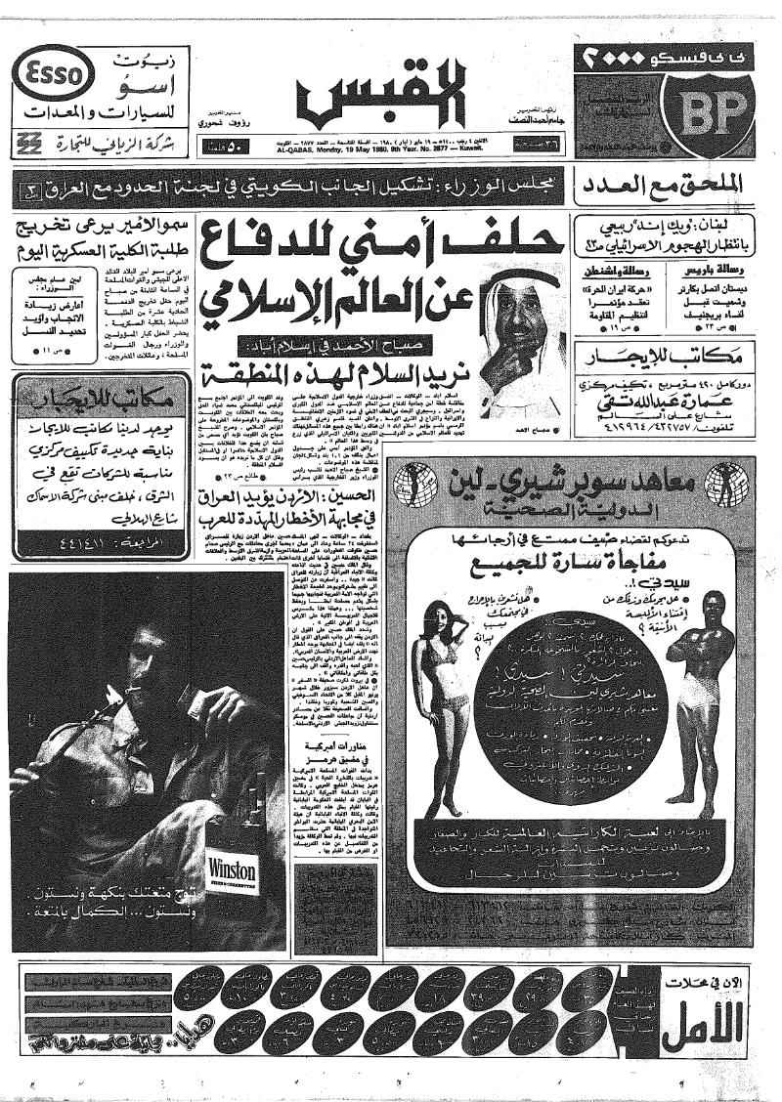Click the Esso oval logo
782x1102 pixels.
pyautogui.click(x=57, y=71)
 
